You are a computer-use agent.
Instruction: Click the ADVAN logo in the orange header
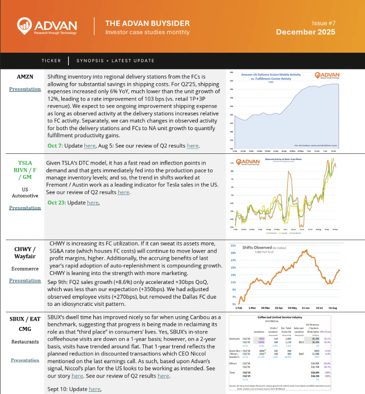[47, 26]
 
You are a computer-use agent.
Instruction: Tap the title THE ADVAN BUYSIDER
[147, 23]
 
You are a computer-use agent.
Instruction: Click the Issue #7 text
[323, 22]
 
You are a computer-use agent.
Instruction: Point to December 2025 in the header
[306, 32]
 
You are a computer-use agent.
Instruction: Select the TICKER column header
[51, 61]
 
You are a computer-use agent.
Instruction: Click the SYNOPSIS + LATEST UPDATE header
[115, 61]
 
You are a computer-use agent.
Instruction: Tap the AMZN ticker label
[25, 76]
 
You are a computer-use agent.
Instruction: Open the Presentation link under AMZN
[25, 89]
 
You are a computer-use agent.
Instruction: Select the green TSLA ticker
[25, 163]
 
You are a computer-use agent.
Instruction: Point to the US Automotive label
[25, 192]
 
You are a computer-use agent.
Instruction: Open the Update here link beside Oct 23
[93, 203]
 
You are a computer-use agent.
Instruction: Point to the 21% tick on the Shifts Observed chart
[233, 246]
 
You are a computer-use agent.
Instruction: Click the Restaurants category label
[25, 342]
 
